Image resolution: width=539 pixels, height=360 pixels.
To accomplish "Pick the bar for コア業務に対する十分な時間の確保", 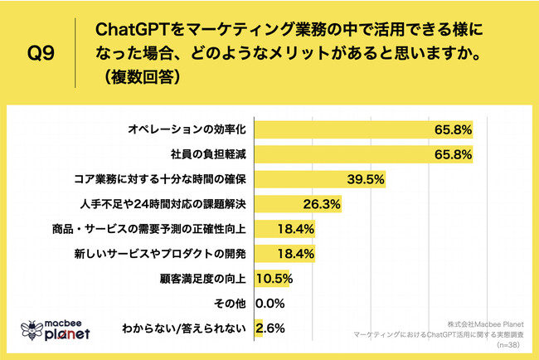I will click(x=307, y=178).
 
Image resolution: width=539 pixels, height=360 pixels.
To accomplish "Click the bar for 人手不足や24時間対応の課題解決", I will click(x=282, y=203).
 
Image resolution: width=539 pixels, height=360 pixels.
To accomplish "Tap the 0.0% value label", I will click(x=272, y=303).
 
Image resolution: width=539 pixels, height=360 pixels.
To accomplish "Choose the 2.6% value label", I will click(x=272, y=328).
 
